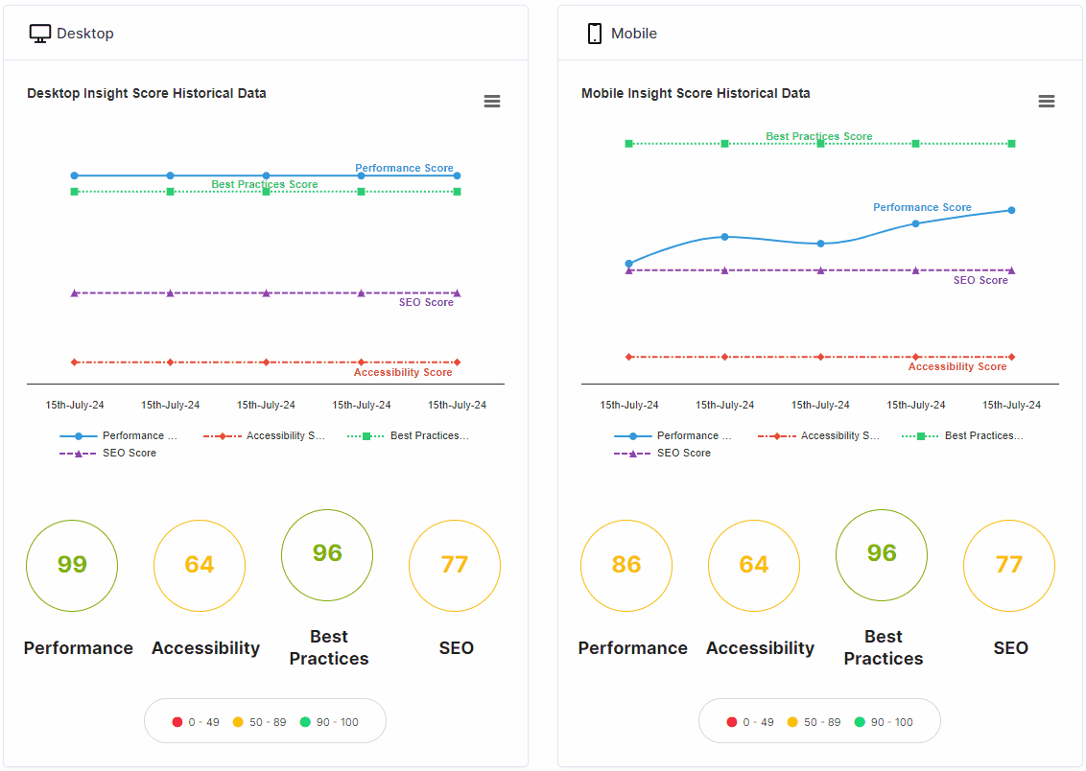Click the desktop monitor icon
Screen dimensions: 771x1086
[40, 34]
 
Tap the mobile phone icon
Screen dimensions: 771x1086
[594, 34]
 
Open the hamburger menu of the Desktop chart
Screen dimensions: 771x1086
[492, 102]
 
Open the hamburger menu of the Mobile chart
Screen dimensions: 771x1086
[1047, 102]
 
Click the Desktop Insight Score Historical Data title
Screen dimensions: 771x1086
[147, 93]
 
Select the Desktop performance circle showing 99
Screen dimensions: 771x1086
[72, 565]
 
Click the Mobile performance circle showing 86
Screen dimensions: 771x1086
[626, 565]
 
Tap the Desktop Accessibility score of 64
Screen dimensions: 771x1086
[200, 565]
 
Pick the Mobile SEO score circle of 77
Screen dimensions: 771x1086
[1009, 565]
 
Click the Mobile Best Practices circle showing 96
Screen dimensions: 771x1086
[882, 553]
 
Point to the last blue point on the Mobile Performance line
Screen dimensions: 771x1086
[1011, 210]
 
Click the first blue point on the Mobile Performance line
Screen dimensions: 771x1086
[629, 263]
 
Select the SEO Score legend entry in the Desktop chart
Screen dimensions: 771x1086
[108, 453]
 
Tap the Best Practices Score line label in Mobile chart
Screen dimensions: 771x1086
[818, 136]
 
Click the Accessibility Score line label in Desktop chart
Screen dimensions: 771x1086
[403, 372]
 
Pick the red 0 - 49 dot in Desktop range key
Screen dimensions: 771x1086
[177, 722]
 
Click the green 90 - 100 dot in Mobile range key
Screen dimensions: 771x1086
[860, 722]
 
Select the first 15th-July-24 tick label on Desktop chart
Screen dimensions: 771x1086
[75, 405]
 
